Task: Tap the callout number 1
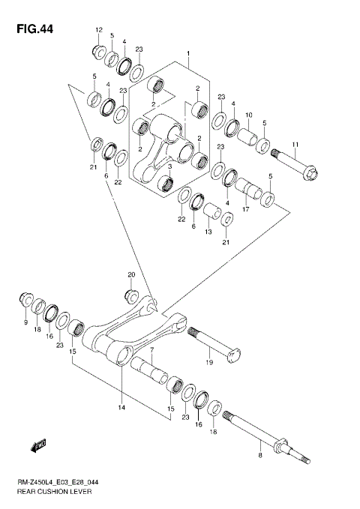point(188,54)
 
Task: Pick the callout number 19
point(208,362)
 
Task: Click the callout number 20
point(131,274)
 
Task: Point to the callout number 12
point(97,29)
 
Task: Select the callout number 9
point(25,322)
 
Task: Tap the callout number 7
point(151,350)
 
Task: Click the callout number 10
point(249,115)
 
